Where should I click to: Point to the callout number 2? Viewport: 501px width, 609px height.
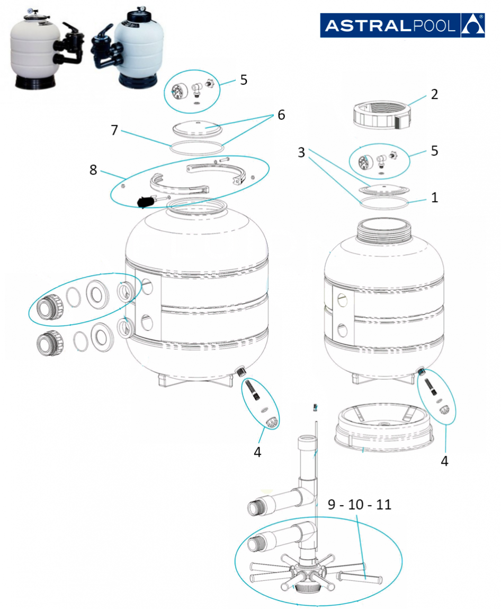click(x=434, y=94)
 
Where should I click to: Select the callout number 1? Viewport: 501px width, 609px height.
click(x=434, y=198)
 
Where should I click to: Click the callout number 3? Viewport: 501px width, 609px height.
click(x=301, y=153)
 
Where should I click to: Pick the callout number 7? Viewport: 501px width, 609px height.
click(x=114, y=130)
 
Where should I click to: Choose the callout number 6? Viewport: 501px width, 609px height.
click(x=281, y=115)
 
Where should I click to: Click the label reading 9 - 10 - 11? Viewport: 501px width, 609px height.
click(x=360, y=504)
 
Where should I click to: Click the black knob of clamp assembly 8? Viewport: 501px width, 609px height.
click(x=145, y=202)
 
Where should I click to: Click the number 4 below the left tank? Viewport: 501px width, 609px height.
click(x=257, y=452)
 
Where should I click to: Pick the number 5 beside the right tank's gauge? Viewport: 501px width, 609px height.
click(x=434, y=151)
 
